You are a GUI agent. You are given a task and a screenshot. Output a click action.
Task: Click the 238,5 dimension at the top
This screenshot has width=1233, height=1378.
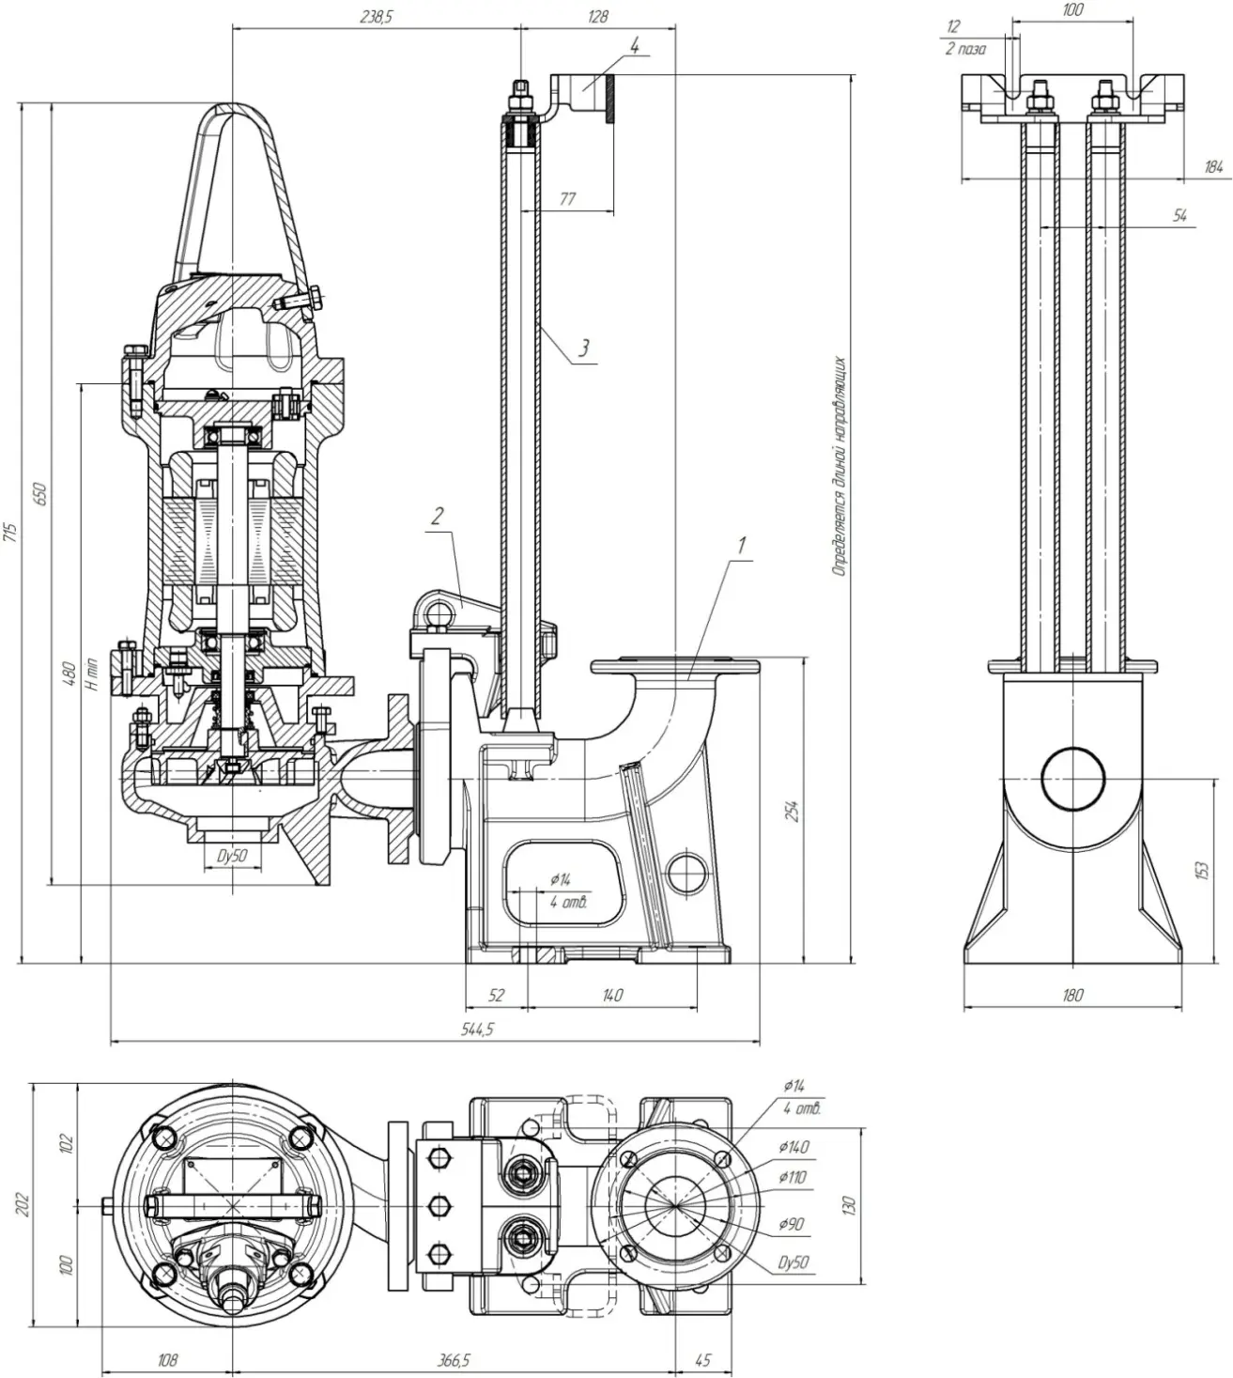coord(375,16)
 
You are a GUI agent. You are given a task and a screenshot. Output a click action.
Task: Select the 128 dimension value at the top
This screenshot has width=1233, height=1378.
coord(596,16)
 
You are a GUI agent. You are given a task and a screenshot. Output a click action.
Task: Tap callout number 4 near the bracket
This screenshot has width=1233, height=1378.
coord(635,44)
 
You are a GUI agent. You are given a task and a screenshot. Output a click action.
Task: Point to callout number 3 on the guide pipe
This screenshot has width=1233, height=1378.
coord(583,348)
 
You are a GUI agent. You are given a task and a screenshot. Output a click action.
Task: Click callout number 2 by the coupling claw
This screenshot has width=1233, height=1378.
coord(437,515)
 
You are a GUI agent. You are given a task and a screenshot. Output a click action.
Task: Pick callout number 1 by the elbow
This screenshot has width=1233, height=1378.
coord(742,544)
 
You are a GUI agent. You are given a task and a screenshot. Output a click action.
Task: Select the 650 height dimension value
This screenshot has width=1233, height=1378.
coord(40,494)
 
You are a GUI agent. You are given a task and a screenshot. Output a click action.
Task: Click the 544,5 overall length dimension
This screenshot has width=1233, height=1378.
coord(477,1029)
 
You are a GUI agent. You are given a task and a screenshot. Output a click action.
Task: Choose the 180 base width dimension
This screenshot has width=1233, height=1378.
coord(1072,996)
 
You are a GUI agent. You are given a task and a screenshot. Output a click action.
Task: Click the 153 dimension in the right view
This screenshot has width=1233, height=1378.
coord(1201,871)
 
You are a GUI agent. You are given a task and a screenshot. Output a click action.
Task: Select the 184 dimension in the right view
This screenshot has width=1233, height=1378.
coord(1213,167)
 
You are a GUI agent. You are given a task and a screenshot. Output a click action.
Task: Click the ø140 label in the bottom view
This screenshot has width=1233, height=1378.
coord(794,1147)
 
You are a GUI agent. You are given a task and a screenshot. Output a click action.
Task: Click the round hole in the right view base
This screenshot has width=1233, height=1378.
coord(1073,779)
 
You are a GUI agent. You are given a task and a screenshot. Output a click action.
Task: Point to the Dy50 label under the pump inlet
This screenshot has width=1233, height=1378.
coord(231,856)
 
